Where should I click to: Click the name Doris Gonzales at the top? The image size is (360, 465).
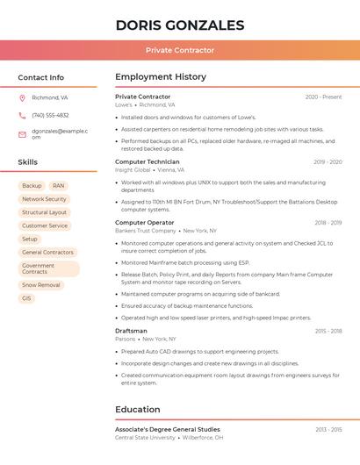pyautogui.click(x=180, y=25)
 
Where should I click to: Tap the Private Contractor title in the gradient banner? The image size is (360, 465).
pyautogui.click(x=180, y=50)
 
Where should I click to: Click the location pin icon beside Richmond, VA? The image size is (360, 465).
pyautogui.click(x=22, y=97)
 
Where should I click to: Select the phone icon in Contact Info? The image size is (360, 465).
pyautogui.click(x=22, y=115)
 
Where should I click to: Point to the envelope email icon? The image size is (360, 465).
pyautogui.click(x=22, y=134)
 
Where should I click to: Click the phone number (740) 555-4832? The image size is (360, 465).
pyautogui.click(x=50, y=115)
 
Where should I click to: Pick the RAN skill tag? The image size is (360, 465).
pyautogui.click(x=58, y=186)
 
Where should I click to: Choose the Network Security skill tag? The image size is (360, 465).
pyautogui.click(x=44, y=199)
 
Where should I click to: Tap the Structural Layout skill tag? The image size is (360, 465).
pyautogui.click(x=44, y=212)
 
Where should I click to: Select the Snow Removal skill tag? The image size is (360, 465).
pyautogui.click(x=41, y=285)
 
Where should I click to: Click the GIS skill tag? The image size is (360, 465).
pyautogui.click(x=26, y=298)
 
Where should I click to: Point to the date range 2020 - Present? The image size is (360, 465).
pyautogui.click(x=323, y=97)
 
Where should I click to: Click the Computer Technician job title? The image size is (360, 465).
pyautogui.click(x=147, y=161)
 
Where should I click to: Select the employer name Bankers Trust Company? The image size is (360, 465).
pyautogui.click(x=146, y=231)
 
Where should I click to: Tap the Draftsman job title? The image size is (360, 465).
pyautogui.click(x=131, y=331)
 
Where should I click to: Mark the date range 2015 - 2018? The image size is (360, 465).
pyautogui.click(x=328, y=331)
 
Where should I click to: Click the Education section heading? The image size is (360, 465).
pyautogui.click(x=138, y=410)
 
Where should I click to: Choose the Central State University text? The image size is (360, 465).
pyautogui.click(x=145, y=437)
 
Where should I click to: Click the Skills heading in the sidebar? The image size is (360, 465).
pyautogui.click(x=28, y=162)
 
